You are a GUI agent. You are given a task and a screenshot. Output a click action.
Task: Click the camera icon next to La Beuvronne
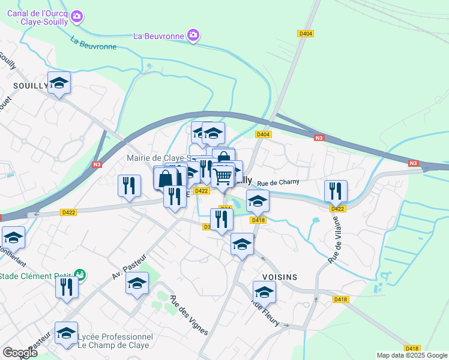coord(193,36)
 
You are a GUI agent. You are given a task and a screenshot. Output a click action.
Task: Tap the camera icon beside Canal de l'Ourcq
coord(77,17)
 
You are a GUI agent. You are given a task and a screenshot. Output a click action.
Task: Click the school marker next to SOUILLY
coord(59,83)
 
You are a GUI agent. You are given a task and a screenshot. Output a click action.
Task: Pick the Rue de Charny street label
coord(277,182)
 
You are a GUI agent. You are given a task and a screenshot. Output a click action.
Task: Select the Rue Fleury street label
coord(265,313)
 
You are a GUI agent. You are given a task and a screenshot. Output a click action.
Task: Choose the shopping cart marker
coord(222,176)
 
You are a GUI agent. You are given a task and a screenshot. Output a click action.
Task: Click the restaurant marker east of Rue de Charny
coord(336,191)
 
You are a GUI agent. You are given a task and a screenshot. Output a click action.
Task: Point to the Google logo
coord(20,352)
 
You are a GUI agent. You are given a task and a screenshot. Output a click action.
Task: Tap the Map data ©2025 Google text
coord(411,355)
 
